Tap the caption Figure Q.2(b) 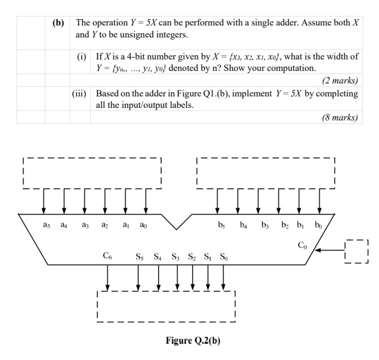pos(193,341)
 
